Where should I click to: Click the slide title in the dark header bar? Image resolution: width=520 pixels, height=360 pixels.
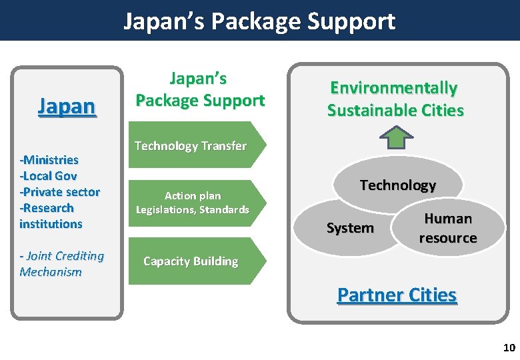point(259,21)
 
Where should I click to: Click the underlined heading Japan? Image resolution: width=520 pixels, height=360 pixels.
point(67,106)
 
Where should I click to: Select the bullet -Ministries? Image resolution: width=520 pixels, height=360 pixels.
point(49,160)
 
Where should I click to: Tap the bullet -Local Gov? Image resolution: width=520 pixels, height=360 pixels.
point(48,176)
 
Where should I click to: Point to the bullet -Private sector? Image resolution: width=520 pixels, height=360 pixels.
point(60,192)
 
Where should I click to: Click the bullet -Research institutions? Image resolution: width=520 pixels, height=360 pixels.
point(51,216)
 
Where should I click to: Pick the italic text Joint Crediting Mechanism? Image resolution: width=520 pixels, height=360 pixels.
point(61,264)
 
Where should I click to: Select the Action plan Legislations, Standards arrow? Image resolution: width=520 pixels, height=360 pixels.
point(193,203)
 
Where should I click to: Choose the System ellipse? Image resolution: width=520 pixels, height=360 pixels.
point(350,228)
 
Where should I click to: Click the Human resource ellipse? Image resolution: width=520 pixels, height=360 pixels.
point(448,228)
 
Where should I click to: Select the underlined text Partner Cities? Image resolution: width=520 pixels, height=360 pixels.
point(397,295)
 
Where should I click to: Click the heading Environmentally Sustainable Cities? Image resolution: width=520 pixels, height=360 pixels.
point(395,99)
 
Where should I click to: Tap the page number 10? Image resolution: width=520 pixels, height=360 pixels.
point(509,347)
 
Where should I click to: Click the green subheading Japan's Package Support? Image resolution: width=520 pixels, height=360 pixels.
point(199,90)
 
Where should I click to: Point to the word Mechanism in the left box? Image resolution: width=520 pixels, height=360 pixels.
point(51,272)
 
